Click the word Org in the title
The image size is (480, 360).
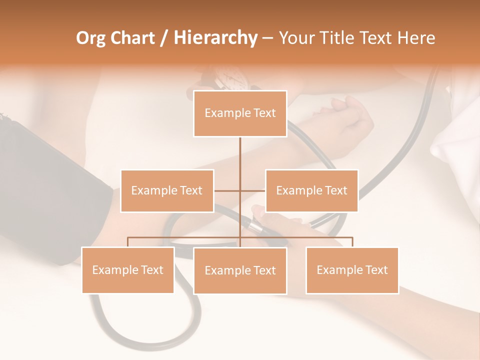click(x=90, y=38)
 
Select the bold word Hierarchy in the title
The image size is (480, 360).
click(x=215, y=38)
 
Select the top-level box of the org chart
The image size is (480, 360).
click(x=240, y=113)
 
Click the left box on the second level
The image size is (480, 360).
click(x=167, y=190)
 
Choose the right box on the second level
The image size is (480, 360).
click(x=311, y=190)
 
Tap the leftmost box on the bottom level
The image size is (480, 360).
click(x=127, y=270)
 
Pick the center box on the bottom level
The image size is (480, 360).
click(x=240, y=270)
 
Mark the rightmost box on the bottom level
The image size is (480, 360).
click(x=352, y=270)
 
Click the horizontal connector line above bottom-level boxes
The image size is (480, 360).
click(x=185, y=237)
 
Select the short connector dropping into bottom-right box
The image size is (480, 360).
click(x=352, y=242)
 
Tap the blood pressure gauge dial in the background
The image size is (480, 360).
click(x=231, y=79)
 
